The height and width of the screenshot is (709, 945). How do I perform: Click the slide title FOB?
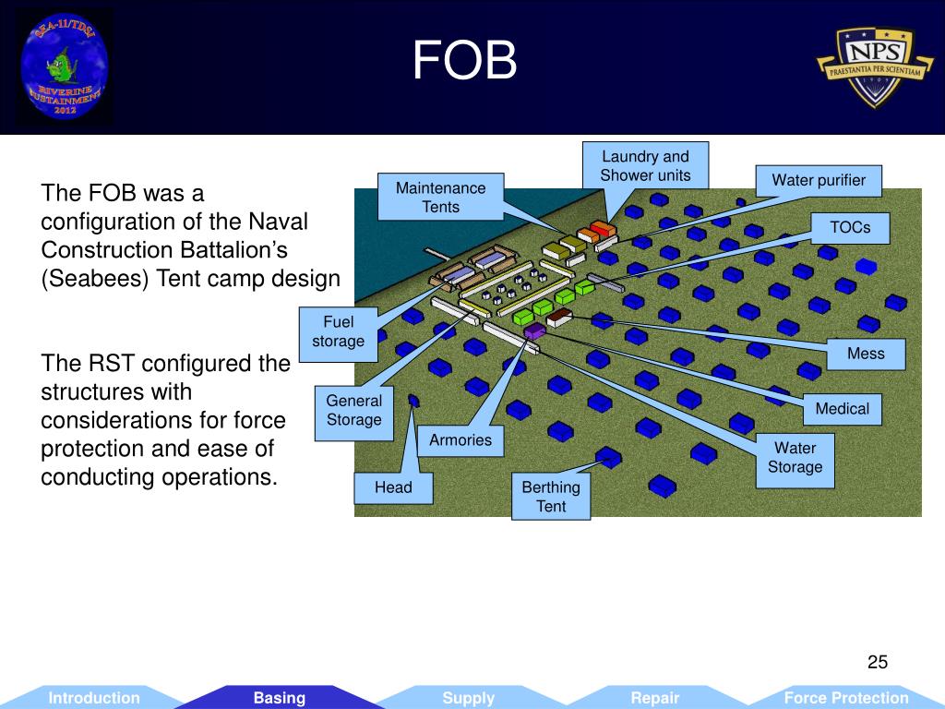[465, 62]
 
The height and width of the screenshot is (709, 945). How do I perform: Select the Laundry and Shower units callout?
[645, 166]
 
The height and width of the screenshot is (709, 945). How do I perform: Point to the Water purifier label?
[819, 180]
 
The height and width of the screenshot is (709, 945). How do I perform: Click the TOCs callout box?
[850, 227]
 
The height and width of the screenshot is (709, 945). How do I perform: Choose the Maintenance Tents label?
[440, 197]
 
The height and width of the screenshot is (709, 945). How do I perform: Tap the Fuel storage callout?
[338, 331]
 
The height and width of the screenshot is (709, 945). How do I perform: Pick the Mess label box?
[866, 354]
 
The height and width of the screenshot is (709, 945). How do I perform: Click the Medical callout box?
[842, 408]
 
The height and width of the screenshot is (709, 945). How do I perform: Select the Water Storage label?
[795, 457]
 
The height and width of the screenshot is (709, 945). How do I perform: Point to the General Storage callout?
[353, 411]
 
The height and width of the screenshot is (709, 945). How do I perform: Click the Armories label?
[461, 440]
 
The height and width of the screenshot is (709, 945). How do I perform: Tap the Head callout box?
[393, 487]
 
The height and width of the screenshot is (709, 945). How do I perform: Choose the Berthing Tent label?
[551, 497]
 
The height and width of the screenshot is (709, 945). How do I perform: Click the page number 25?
[877, 662]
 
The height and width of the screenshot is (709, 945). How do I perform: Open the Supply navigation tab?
[468, 698]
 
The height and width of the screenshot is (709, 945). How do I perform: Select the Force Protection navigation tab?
[845, 698]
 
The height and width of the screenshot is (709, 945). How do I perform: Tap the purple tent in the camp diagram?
[534, 330]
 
